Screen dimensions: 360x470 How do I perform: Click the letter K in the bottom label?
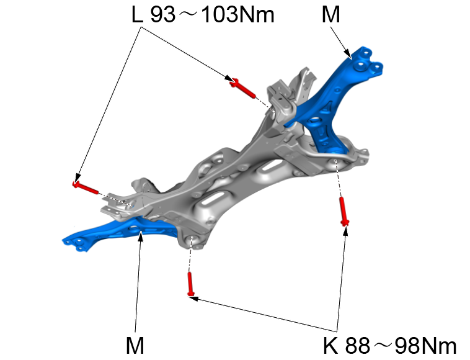click(331, 346)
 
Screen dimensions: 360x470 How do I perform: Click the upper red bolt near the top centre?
click(243, 88)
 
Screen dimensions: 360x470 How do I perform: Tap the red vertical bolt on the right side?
click(344, 211)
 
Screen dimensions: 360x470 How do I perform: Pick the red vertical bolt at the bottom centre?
click(191, 284)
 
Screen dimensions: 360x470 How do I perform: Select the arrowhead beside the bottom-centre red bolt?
click(193, 299)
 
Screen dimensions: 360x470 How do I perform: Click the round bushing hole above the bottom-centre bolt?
click(192, 241)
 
